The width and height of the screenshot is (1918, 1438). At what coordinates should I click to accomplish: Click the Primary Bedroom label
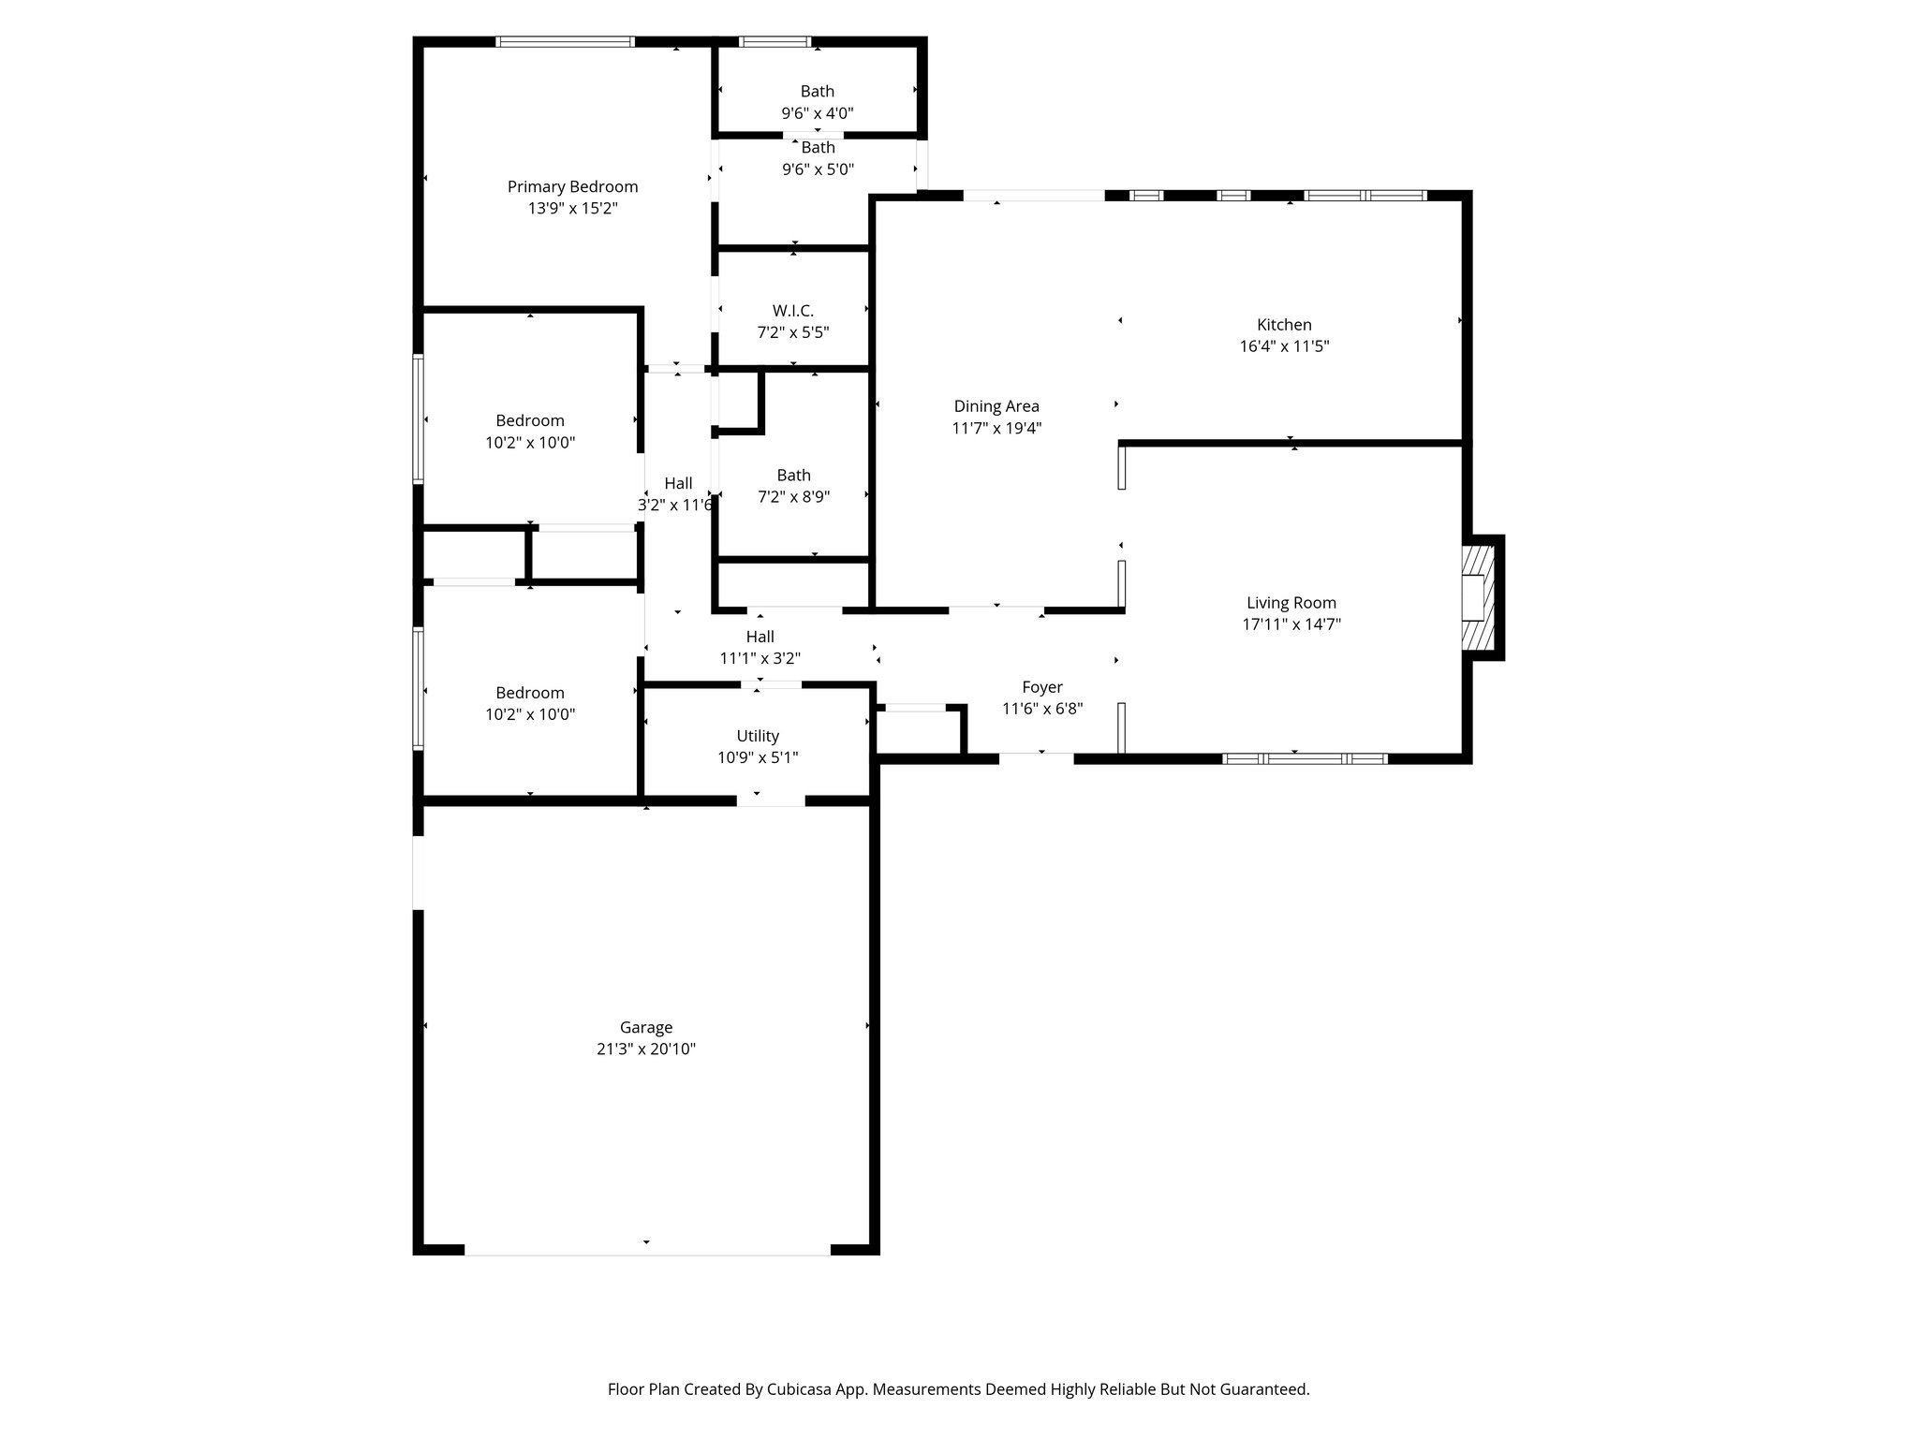[x=572, y=186]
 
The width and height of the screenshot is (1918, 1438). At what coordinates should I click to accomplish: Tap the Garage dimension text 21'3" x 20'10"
[x=645, y=1049]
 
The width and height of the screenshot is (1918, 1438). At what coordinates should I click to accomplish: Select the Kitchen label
[x=1283, y=325]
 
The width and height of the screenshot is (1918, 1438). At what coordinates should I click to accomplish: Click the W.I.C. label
[x=792, y=310]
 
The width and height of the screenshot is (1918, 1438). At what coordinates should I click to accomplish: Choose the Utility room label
[x=758, y=736]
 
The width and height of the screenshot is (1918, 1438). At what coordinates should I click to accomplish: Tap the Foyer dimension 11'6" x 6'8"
[x=1042, y=709]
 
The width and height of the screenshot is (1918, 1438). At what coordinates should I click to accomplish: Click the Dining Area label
[x=996, y=406]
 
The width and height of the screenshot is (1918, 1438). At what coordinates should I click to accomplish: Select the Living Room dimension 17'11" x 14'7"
[x=1291, y=624]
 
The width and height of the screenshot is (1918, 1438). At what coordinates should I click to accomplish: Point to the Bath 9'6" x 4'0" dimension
[x=817, y=113]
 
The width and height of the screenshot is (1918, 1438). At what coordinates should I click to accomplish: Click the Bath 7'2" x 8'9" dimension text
[x=793, y=497]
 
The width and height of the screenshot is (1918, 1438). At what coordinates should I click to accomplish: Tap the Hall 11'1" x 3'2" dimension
[x=760, y=658]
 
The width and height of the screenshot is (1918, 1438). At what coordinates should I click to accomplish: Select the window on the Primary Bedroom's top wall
[x=565, y=42]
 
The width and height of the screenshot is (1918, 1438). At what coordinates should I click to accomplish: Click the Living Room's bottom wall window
[x=1306, y=758]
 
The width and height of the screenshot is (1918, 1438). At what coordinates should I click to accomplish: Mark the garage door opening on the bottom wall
[x=647, y=1250]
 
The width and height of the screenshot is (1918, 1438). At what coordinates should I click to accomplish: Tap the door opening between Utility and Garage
[x=771, y=800]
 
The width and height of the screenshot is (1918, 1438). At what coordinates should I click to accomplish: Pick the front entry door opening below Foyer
[x=1036, y=758]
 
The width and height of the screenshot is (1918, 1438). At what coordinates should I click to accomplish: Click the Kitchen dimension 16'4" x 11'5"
[x=1283, y=346]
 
